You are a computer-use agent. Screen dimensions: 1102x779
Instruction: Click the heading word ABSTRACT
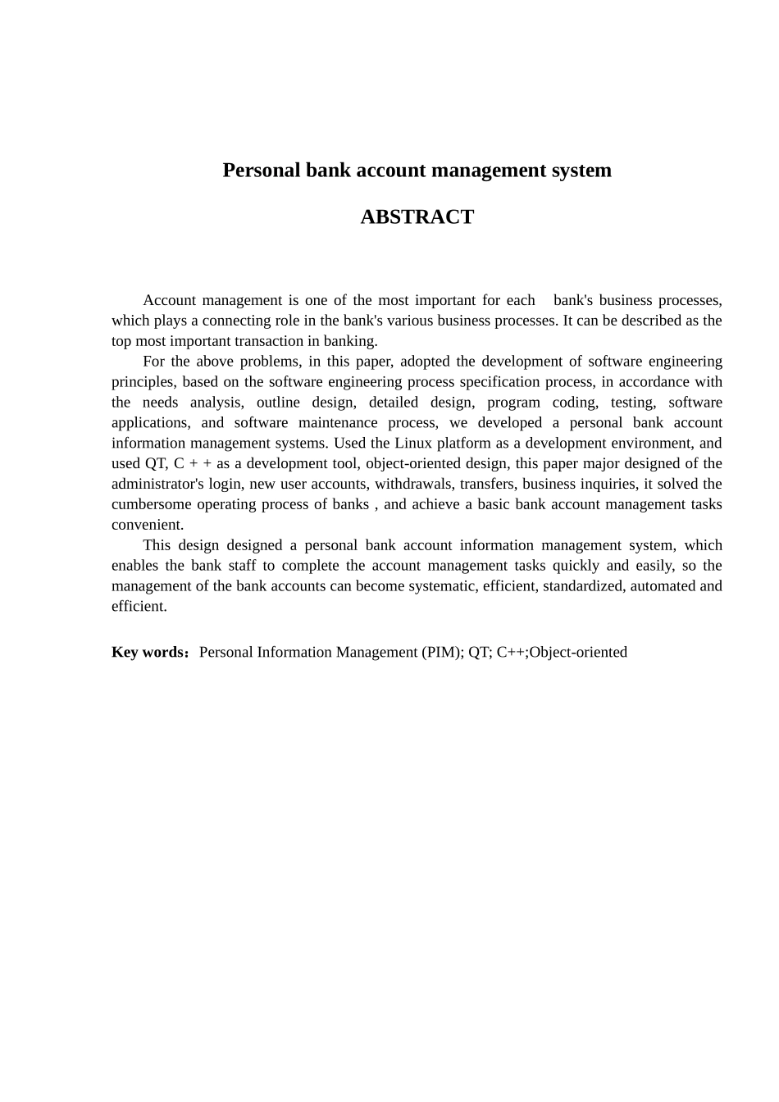tap(417, 216)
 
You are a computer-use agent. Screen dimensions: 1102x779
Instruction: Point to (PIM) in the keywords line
tap(443, 652)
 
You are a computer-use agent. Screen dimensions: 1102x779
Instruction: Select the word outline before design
tap(278, 402)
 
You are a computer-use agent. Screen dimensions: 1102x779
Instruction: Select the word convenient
tap(148, 525)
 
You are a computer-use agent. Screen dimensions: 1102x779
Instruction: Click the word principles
tap(142, 381)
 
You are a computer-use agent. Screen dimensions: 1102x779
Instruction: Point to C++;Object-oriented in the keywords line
tap(562, 652)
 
